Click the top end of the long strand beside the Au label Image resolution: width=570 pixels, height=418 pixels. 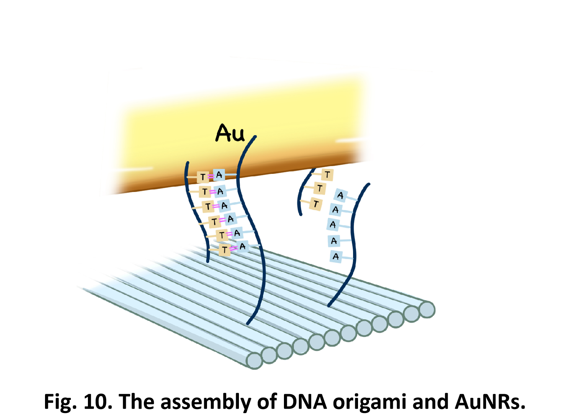pos(255,137)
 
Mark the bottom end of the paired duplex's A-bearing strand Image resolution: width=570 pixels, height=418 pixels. pos(248,324)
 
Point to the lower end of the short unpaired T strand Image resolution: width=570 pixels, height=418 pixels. pos(301,214)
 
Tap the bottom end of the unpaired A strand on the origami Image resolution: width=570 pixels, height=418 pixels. pos(329,306)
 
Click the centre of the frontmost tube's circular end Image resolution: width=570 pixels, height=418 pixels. pos(255,361)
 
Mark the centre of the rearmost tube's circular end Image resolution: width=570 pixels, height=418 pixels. pos(427,310)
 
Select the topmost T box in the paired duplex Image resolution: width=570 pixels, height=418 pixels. pos(203,177)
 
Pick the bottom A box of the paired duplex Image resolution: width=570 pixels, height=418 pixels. pos(242,246)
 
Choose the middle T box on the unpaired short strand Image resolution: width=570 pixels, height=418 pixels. pos(320,188)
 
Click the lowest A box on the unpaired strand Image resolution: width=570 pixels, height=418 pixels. pos(336,257)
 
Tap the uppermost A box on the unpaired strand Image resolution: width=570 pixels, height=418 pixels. pos(340,196)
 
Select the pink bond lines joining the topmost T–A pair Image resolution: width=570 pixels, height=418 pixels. pos(211,176)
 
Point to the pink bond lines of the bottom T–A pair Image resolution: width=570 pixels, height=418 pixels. pos(233,248)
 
